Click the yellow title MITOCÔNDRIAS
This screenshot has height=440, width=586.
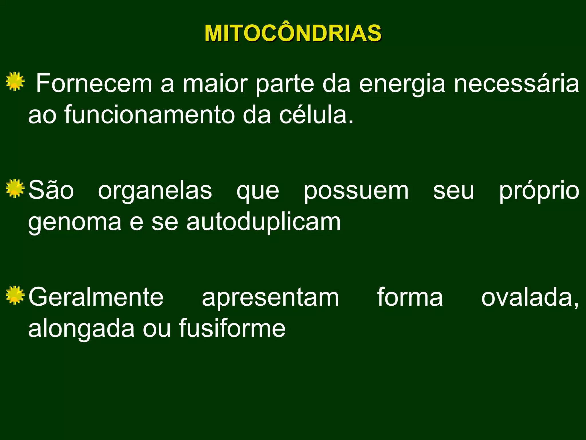[293, 33]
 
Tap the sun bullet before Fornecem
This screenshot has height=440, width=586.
[15, 82]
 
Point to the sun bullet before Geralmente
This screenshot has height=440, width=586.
[15, 295]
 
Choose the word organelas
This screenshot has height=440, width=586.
[155, 190]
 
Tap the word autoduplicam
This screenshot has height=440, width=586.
[264, 222]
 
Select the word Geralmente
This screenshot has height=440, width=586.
[96, 297]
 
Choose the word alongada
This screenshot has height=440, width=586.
[82, 329]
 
